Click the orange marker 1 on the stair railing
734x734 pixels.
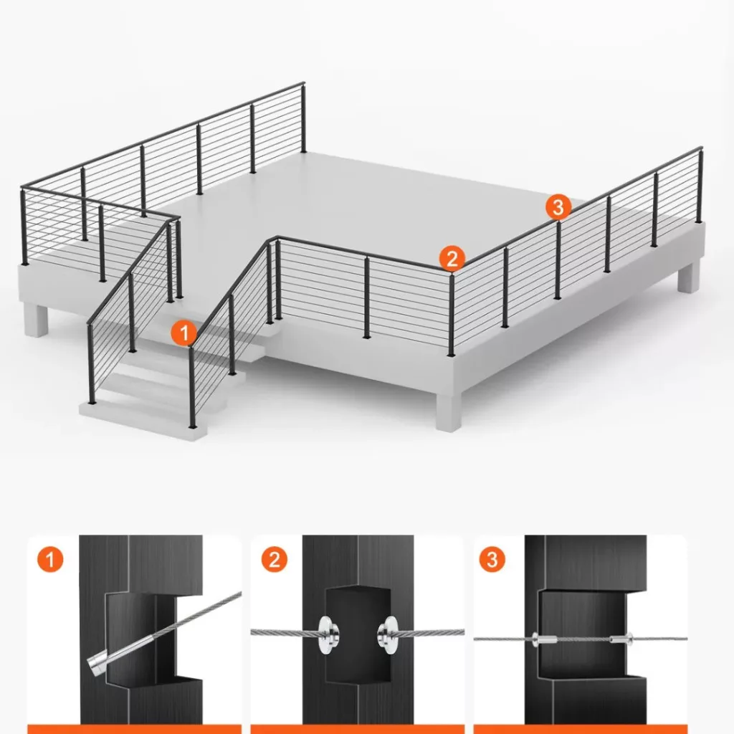coord(184,333)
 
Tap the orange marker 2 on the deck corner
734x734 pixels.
coord(452,258)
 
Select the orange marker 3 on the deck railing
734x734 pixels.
coord(558,206)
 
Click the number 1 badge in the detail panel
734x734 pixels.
coord(50,559)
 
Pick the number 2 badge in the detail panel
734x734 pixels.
coord(275,559)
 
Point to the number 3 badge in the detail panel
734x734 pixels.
coord(492,559)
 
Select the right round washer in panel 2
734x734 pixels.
coord(388,634)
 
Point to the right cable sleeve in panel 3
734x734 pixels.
coord(621,638)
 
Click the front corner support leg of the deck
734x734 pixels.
coord(449,412)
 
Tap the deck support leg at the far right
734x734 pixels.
coord(689,277)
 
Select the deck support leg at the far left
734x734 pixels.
coord(37,320)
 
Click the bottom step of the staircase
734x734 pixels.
coord(143,419)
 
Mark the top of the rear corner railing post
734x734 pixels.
coord(303,85)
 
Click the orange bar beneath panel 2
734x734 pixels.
coord(357,729)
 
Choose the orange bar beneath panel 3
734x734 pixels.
coord(581,729)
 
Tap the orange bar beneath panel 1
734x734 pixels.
coord(134,729)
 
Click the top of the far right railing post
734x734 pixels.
coord(701,150)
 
